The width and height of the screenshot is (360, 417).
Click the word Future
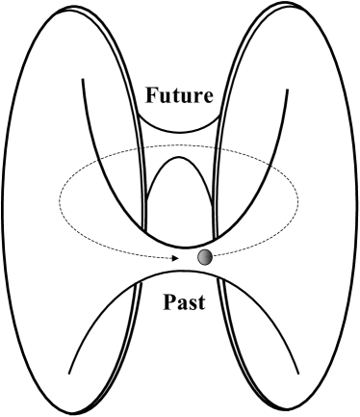tap(180, 96)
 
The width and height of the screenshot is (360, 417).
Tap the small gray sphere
tap(204, 257)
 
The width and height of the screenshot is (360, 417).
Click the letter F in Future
tap(152, 96)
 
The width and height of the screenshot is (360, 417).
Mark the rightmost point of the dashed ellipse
tap(299, 199)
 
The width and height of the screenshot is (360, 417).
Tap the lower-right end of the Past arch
tap(292, 374)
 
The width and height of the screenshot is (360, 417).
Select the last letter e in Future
tap(209, 98)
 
